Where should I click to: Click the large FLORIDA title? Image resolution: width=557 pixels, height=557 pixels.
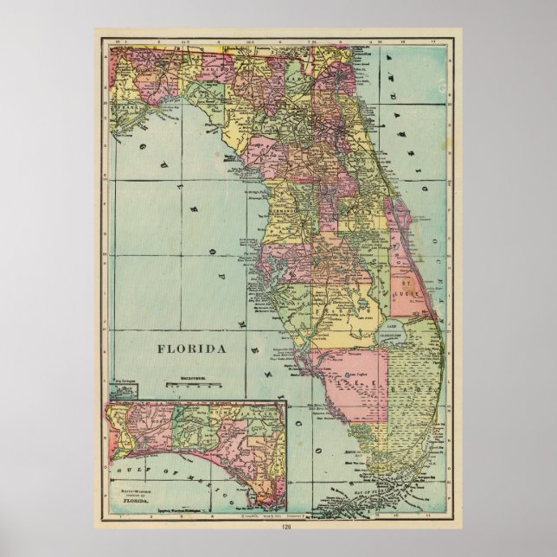coord(192,350)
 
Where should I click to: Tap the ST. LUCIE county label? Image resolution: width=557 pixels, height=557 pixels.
coord(404,289)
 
